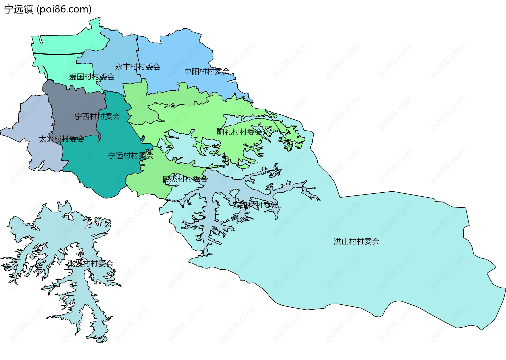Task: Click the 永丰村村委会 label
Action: click(x=138, y=67)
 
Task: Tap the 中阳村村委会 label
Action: click(x=207, y=71)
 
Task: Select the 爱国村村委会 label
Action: click(x=92, y=77)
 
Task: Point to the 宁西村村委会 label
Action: click(x=97, y=116)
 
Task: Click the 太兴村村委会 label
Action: click(x=61, y=139)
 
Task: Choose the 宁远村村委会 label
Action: click(x=131, y=156)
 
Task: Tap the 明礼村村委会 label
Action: click(x=240, y=132)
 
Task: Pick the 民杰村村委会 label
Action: click(x=185, y=179)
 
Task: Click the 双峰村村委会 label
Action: click(x=255, y=205)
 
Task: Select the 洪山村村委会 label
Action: click(x=356, y=241)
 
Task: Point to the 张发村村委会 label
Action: click(x=90, y=263)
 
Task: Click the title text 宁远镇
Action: click(x=18, y=9)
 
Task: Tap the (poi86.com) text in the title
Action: click(x=64, y=9)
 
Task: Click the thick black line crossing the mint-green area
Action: click(x=58, y=55)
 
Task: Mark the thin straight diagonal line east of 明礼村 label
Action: click(x=275, y=124)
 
